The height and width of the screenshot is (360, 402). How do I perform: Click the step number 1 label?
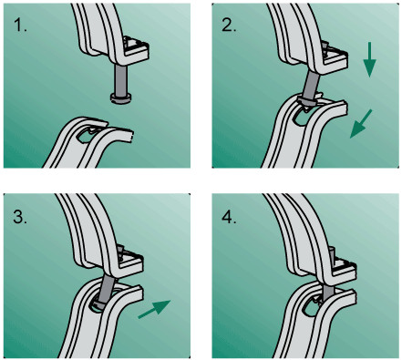pos(20,26)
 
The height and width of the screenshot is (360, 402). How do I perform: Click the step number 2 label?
pos(229,26)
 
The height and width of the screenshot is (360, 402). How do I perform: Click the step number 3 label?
pos(20,217)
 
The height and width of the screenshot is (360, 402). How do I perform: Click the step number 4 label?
pos(229,217)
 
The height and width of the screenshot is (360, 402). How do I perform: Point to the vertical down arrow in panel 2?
pos(369,59)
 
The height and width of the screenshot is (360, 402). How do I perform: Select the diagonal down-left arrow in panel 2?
pos(361,124)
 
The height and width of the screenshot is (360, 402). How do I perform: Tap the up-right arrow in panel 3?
pos(154,309)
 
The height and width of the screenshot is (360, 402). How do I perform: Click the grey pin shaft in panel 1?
pos(120,79)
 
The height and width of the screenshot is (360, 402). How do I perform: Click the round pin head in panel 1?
pos(120,98)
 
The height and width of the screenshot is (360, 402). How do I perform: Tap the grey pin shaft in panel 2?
pos(311,85)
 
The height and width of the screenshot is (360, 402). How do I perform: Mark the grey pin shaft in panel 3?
pos(107,288)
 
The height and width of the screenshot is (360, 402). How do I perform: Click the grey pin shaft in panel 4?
pos(328,292)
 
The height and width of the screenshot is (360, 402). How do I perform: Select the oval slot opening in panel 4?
pos(312,307)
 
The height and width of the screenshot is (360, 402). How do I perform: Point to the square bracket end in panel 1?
pos(136,47)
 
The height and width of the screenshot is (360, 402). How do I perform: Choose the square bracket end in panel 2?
pos(334,57)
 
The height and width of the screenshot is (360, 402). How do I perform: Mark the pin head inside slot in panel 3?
pos(101,304)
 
